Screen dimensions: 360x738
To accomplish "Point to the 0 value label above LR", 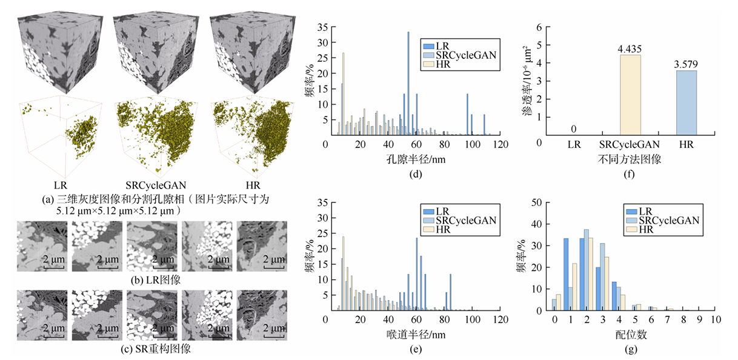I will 573,128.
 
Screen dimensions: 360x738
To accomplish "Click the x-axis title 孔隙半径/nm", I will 411,161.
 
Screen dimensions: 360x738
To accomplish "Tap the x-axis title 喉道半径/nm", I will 411,335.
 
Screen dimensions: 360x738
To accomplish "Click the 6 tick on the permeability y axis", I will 539,27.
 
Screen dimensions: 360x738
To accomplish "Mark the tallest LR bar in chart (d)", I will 408,83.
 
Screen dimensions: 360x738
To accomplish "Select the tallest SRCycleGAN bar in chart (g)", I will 586,270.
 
